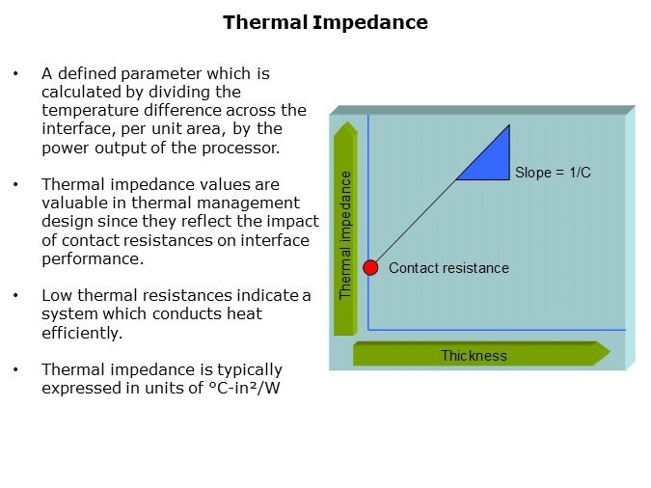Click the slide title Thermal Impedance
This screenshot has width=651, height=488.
[x=325, y=23]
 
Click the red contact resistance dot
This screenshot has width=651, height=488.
[x=370, y=268]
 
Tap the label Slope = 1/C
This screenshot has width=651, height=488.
[x=553, y=173]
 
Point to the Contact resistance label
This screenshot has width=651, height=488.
[x=448, y=268]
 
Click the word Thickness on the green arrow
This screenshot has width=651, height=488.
[x=474, y=356]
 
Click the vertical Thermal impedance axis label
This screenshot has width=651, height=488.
[x=345, y=235]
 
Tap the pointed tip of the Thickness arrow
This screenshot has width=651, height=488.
[x=610, y=353]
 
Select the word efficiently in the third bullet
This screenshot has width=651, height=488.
[x=82, y=333]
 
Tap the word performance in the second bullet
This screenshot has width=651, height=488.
[x=93, y=259]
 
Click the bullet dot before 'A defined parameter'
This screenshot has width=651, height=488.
[x=15, y=74]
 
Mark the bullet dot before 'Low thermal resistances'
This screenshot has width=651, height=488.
[x=15, y=296]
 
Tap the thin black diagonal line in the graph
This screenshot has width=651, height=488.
[x=415, y=222]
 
